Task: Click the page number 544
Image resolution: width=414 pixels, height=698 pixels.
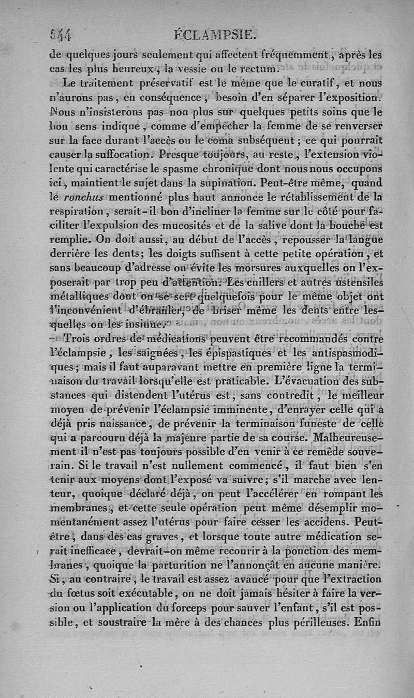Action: pyautogui.click(x=61, y=35)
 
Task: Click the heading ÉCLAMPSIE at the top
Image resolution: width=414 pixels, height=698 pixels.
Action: pyautogui.click(x=217, y=35)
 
